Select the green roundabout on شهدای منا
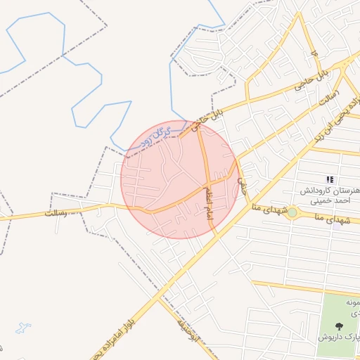[292, 212]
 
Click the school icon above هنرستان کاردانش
[330, 181]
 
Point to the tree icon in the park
[340, 326]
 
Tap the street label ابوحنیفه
[188, 329]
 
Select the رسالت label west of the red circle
[60, 211]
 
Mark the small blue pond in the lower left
[23, 328]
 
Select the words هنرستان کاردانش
[329, 191]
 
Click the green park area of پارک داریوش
[337, 309]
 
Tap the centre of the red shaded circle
[180, 180]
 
